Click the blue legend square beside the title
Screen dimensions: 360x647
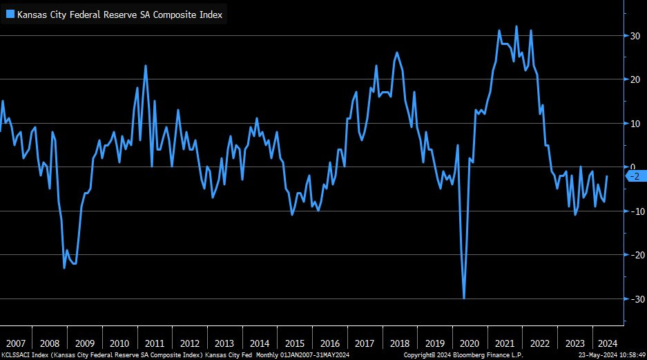(x=10, y=15)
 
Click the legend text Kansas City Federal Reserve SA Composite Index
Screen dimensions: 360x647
(x=119, y=15)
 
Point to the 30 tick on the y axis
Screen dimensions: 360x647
(x=633, y=35)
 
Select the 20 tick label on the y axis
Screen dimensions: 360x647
(x=633, y=79)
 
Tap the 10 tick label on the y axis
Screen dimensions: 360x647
(x=633, y=123)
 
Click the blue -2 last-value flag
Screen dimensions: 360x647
(x=635, y=176)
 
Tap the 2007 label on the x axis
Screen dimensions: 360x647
(x=15, y=343)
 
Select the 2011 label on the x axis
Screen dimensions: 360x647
(x=154, y=343)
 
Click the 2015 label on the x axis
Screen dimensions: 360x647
(x=295, y=343)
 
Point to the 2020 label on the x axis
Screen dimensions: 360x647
(x=470, y=343)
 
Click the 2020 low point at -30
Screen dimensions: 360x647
(x=464, y=299)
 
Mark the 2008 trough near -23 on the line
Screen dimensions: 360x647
(x=64, y=267)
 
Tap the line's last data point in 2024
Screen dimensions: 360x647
(x=607, y=176)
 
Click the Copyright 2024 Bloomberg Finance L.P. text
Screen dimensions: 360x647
(x=463, y=354)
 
